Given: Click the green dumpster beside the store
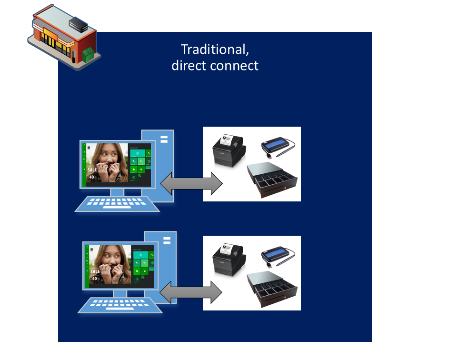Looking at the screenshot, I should click(89, 54).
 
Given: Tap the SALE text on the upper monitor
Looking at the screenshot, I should click(92, 170).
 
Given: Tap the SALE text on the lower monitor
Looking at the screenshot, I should click(95, 271).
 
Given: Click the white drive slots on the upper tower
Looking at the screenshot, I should click(164, 139).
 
